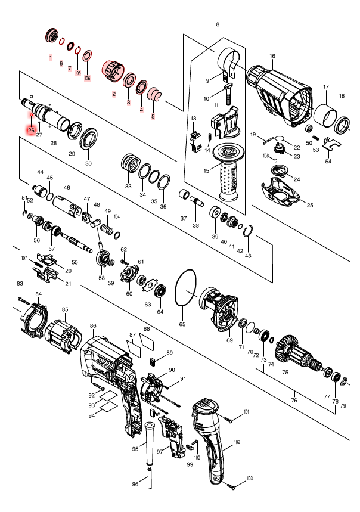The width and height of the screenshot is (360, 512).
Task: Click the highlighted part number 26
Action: pos(31,129)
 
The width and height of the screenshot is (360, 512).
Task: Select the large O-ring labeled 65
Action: pos(187,292)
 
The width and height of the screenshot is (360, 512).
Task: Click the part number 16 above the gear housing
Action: pos(272,56)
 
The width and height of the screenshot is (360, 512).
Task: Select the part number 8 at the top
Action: pos(218,24)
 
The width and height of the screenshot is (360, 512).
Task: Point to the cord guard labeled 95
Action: pos(147,441)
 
